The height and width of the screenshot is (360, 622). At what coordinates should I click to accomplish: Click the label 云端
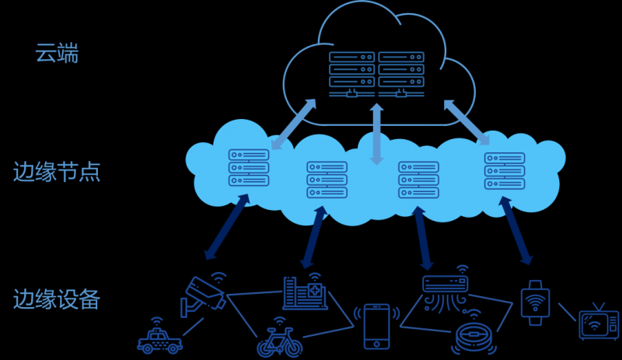[57, 54]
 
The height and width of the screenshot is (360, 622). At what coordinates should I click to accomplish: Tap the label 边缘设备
[57, 299]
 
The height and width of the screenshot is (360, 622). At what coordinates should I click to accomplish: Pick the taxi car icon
[159, 339]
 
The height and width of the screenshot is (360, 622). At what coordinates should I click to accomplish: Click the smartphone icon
[376, 326]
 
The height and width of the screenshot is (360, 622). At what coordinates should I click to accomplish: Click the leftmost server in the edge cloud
[248, 167]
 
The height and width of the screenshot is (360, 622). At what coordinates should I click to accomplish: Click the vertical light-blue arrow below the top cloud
[377, 133]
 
